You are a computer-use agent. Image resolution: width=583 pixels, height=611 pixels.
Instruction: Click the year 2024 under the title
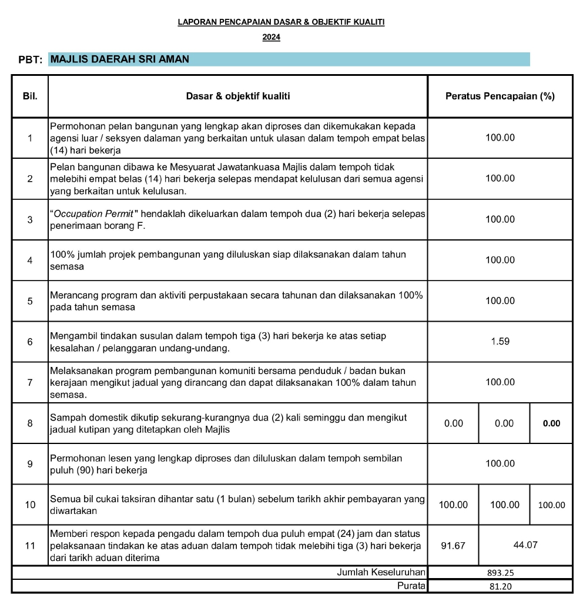[271, 38]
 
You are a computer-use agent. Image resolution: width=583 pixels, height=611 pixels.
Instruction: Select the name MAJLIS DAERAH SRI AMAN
[120, 59]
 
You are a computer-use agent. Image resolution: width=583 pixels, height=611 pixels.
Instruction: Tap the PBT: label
[31, 60]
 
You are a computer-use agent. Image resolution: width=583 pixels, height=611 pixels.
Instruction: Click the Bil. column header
[29, 96]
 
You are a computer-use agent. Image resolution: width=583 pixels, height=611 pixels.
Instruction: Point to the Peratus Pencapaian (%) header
[500, 96]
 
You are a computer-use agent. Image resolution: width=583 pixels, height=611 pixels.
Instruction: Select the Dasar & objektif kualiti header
[237, 96]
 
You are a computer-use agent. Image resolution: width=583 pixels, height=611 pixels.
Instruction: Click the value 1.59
[500, 342]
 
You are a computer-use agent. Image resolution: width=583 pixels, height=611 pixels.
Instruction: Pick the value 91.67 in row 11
[453, 545]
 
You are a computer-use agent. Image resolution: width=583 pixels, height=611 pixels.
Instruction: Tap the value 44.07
[525, 545]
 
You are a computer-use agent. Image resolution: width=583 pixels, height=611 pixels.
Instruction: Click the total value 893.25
[501, 572]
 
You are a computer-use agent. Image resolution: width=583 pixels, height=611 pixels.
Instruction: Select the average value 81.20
[501, 586]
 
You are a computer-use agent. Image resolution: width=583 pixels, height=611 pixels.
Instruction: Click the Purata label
[411, 586]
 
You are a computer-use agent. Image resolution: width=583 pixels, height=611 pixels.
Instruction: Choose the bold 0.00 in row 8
[551, 423]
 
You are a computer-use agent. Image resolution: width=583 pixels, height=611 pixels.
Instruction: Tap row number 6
[29, 342]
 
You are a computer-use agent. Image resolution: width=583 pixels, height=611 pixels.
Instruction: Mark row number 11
[29, 545]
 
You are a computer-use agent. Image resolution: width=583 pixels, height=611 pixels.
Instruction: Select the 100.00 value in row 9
[500, 464]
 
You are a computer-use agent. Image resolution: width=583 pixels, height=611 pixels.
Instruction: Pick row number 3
[29, 219]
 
